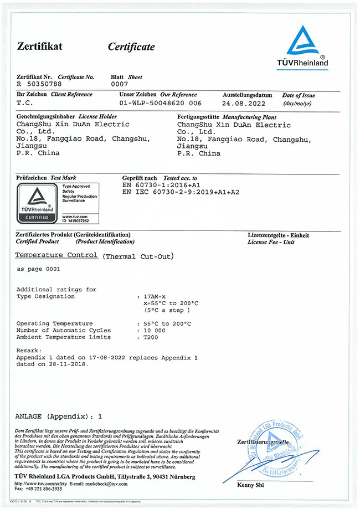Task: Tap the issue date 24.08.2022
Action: pyautogui.click(x=243, y=103)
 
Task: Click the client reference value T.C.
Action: pyautogui.click(x=25, y=103)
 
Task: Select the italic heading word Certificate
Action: pyautogui.click(x=131, y=47)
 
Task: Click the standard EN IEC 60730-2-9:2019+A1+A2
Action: pyautogui.click(x=181, y=192)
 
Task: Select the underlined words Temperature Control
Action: pyautogui.click(x=56, y=255)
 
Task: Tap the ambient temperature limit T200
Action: pyautogui.click(x=151, y=337)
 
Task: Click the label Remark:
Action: pyautogui.click(x=29, y=351)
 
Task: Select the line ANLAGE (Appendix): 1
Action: pyautogui.click(x=58, y=415)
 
